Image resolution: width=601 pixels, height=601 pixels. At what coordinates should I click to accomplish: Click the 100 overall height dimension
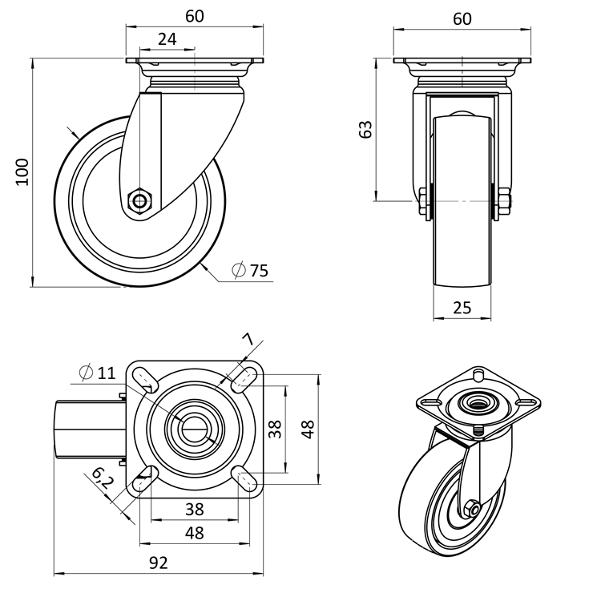[x=22, y=171]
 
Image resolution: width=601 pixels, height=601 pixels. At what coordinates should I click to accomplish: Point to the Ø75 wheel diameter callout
[x=250, y=271]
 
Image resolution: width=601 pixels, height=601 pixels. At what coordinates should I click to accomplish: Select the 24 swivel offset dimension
[x=167, y=38]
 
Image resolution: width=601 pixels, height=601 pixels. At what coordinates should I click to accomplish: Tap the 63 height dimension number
[x=365, y=129]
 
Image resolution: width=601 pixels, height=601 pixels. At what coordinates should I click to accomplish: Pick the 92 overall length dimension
[x=158, y=563]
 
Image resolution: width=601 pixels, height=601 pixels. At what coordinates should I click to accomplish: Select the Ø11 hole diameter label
[x=98, y=372]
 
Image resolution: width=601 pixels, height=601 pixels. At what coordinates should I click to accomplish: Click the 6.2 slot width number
[x=101, y=480]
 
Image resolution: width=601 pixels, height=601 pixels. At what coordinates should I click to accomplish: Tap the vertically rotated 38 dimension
[x=275, y=429]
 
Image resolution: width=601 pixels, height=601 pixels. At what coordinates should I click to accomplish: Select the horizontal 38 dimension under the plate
[x=194, y=509]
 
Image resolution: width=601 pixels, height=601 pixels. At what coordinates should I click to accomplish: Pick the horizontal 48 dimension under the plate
[x=194, y=533]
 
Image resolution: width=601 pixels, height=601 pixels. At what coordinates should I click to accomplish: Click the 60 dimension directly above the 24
[x=194, y=17]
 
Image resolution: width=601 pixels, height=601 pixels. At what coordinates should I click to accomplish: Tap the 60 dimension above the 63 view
[x=462, y=18]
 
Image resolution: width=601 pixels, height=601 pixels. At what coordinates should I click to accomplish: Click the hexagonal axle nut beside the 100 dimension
[x=141, y=200]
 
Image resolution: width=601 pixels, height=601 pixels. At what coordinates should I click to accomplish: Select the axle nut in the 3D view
[x=471, y=508]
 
